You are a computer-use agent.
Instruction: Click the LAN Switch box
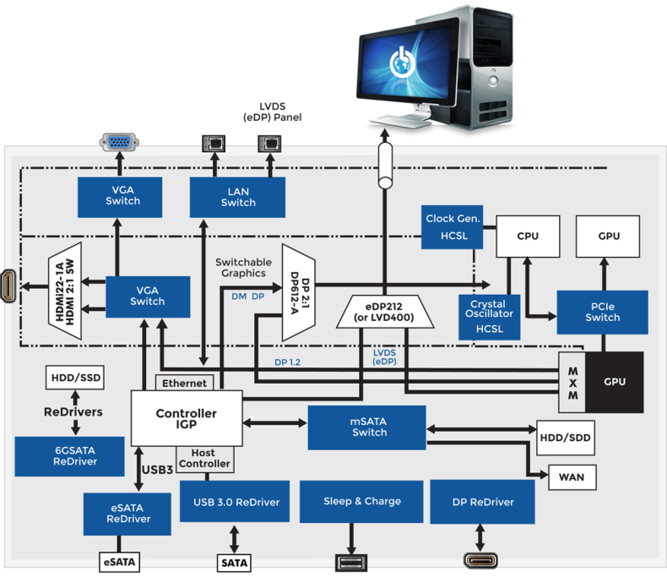point(238,197)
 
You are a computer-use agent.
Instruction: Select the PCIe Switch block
point(602,312)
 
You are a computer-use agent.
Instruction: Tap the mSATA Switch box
point(369,427)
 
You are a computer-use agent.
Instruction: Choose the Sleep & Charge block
point(361,502)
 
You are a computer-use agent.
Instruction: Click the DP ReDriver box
point(482,502)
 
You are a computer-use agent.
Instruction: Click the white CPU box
point(528,236)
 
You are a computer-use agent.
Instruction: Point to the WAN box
point(572,477)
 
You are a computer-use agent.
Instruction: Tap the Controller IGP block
point(186,417)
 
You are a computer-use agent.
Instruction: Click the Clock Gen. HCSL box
point(453,226)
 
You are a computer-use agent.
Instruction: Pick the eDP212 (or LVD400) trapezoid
point(385,311)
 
